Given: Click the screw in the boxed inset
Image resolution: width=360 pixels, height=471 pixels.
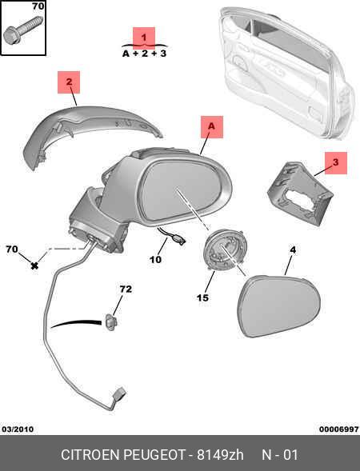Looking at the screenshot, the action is click(22, 30).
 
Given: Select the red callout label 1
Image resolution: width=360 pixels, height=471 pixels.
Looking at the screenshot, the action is click(144, 38).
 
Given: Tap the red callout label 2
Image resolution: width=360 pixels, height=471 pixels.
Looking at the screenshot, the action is click(69, 82).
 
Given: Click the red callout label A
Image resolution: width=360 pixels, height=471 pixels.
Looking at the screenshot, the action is click(212, 127).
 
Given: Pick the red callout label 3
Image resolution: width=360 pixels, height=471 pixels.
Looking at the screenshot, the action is click(336, 163).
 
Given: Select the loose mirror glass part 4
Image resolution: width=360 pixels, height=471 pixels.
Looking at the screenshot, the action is click(279, 305).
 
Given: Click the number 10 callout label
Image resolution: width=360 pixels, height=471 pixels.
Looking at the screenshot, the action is click(155, 259).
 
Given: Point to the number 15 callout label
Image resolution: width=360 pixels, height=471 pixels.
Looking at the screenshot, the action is click(202, 297).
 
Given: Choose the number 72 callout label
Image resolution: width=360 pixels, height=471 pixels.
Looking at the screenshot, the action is click(126, 289).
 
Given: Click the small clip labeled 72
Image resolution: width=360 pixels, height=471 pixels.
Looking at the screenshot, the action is click(110, 321).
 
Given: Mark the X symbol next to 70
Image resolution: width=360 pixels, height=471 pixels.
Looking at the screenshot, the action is click(34, 265).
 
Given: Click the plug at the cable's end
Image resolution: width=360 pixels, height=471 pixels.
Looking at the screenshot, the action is click(119, 394).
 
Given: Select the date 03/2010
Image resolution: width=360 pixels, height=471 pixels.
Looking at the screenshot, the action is click(18, 429).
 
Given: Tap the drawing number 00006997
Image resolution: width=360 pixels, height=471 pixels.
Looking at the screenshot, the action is click(339, 429).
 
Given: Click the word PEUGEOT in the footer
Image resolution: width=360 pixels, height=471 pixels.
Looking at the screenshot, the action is click(154, 455).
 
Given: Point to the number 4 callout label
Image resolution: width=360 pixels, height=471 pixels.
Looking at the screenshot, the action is click(293, 249).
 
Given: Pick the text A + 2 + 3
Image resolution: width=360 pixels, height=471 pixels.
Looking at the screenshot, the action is click(144, 54).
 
